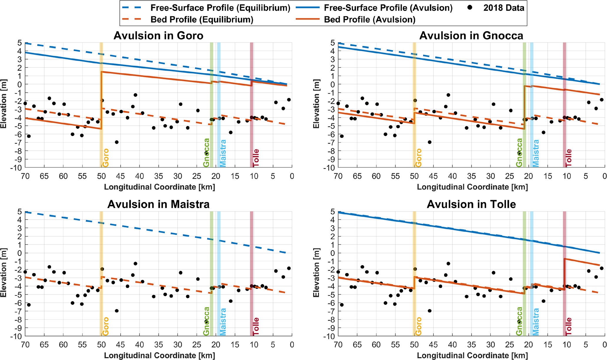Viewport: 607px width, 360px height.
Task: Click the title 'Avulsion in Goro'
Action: click(158, 36)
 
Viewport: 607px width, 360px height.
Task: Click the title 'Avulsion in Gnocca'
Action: click(471, 36)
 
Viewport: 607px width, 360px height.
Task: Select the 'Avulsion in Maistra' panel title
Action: click(158, 204)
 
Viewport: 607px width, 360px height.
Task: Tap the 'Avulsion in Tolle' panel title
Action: click(471, 204)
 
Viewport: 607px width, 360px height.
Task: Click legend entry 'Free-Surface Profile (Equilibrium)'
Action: click(220, 8)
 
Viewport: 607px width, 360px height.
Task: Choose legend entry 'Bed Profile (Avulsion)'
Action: click(369, 20)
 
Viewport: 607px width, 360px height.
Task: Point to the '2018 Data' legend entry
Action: click(504, 8)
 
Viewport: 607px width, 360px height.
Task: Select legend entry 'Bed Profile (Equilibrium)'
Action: click(202, 20)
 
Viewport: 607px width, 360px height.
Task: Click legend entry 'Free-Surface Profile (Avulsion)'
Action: click(388, 8)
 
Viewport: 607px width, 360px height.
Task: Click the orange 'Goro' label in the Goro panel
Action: click(105, 158)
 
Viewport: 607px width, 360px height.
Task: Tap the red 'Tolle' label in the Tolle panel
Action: click(569, 326)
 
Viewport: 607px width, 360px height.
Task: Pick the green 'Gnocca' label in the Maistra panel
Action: click(206, 321)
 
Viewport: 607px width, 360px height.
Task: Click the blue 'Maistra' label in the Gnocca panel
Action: click(536, 153)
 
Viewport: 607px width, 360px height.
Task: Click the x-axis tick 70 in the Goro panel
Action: click(25, 176)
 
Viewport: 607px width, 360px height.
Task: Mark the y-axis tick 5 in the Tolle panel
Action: click(333, 211)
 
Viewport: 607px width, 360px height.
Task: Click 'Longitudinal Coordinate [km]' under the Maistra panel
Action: click(159, 356)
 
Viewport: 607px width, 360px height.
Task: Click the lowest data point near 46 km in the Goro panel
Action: click(117, 142)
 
